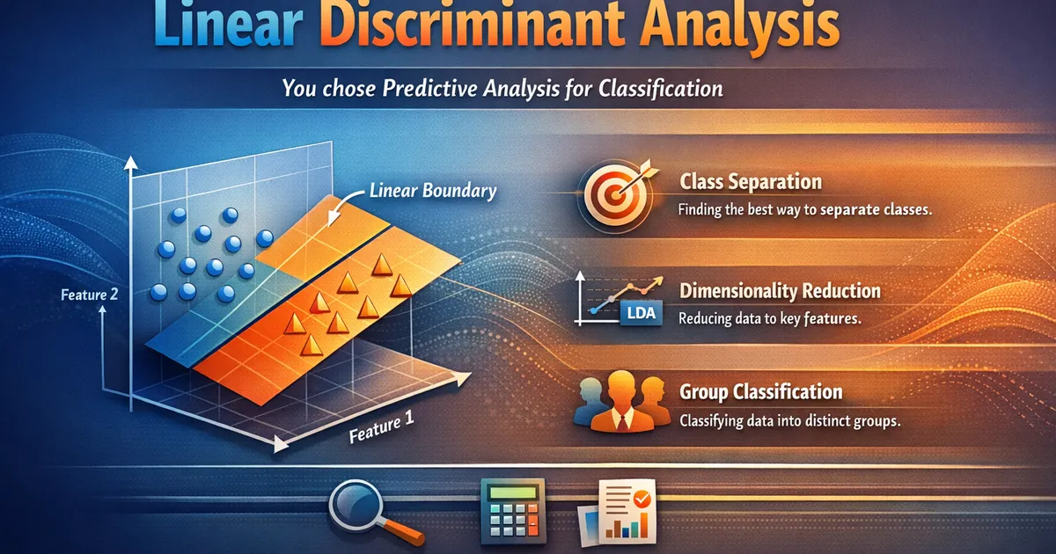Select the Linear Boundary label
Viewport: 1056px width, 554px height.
pos(433,191)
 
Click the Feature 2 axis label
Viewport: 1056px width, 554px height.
pos(90,295)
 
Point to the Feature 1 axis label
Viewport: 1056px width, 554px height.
pos(382,427)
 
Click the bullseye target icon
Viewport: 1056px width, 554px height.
pos(615,194)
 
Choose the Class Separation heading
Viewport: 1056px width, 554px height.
pos(751,182)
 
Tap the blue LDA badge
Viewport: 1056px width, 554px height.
pos(642,313)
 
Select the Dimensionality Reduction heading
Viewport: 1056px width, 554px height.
pos(780,291)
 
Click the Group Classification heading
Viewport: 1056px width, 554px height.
pos(761,392)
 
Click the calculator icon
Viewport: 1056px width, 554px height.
pos(513,511)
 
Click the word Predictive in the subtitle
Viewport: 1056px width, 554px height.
pos(429,89)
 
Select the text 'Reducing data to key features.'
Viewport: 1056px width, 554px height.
pos(769,319)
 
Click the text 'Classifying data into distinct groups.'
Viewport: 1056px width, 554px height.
pos(789,420)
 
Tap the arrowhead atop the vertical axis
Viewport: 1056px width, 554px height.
pos(130,163)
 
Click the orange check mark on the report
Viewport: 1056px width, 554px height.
pos(642,499)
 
